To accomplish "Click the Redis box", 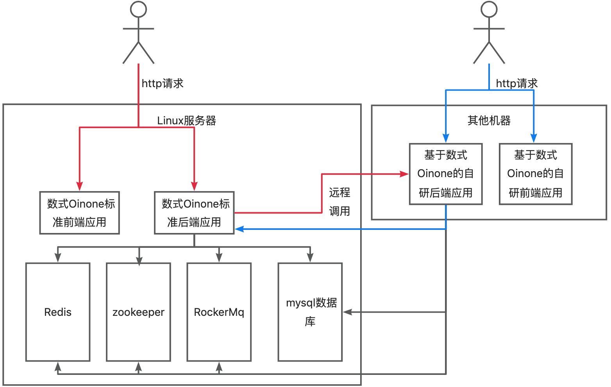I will click(x=58, y=312).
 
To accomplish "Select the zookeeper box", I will click(x=138, y=312).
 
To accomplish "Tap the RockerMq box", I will click(x=219, y=312).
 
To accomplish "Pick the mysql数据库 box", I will click(x=310, y=312).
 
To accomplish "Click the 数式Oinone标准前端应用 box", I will click(x=79, y=213).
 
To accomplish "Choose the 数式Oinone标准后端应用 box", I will click(x=194, y=213).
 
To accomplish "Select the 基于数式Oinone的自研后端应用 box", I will click(x=446, y=174).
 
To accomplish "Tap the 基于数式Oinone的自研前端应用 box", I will click(x=536, y=174).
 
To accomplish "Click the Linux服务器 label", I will click(x=186, y=120).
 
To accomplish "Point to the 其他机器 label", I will click(x=489, y=120).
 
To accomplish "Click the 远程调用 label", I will click(x=339, y=202).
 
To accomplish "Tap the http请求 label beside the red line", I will click(x=163, y=83).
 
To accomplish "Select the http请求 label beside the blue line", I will click(x=517, y=83).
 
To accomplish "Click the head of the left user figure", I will click(x=138, y=9).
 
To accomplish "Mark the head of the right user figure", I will click(x=489, y=9).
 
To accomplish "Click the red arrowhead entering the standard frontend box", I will click(x=80, y=186).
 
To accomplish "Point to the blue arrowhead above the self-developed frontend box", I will click(x=534, y=138).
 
